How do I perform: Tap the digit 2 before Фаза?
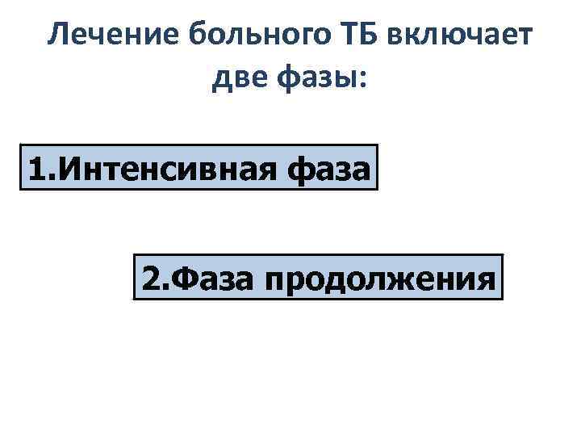click(x=151, y=279)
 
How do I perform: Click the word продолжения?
click(x=378, y=279)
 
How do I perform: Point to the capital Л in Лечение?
click(x=58, y=37)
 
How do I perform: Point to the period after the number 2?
click(x=164, y=287)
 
